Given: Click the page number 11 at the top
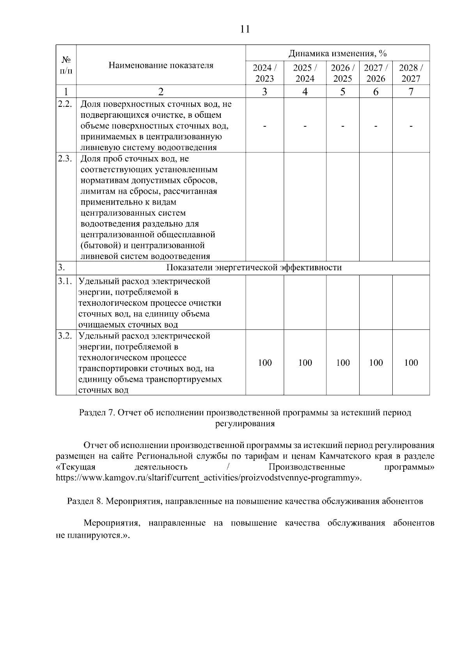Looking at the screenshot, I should pyautogui.click(x=245, y=30).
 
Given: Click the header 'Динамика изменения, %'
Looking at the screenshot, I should pyautogui.click(x=337, y=53).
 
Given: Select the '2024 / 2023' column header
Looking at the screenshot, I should pyautogui.click(x=264, y=73).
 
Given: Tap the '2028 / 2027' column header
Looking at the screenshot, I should pyautogui.click(x=411, y=73).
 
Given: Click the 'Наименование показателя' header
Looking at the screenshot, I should pyautogui.click(x=161, y=65).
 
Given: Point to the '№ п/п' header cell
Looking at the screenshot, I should pyautogui.click(x=66, y=65).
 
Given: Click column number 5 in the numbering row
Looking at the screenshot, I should pyautogui.click(x=342, y=92).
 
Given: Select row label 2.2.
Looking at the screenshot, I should pyautogui.click(x=65, y=104).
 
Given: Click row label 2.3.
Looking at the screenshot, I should pyautogui.click(x=65, y=159).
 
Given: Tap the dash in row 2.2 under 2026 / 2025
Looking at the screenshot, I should pyautogui.click(x=342, y=126).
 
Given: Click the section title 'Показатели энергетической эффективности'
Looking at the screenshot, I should pyautogui.click(x=254, y=267).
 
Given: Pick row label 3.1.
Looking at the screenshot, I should pyautogui.click(x=65, y=281).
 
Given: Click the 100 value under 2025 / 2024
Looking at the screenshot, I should pyautogui.click(x=305, y=363).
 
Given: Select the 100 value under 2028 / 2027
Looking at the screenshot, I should pyautogui.click(x=411, y=363).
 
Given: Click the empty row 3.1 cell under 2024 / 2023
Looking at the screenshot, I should pyautogui.click(x=264, y=303).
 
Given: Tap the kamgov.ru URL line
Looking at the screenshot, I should pyautogui.click(x=209, y=478).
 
